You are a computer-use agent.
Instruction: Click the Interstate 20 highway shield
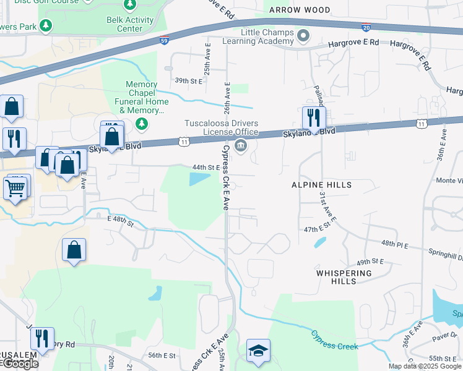(x=366, y=28)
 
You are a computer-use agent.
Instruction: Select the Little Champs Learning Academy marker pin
(x=303, y=36)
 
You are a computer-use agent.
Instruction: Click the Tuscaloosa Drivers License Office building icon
(x=241, y=146)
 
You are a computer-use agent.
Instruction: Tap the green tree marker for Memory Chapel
(x=142, y=124)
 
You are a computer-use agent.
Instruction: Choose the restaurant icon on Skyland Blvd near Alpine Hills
(x=314, y=117)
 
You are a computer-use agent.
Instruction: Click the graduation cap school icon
(x=257, y=351)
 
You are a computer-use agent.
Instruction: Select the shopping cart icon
(x=16, y=187)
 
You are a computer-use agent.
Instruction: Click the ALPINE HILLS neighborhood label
(x=321, y=185)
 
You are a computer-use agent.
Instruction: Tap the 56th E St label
(x=162, y=356)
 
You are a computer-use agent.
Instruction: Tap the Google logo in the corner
(x=20, y=364)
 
